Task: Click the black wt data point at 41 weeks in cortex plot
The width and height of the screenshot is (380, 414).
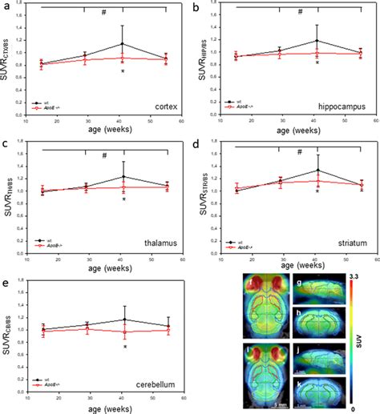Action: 122,44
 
